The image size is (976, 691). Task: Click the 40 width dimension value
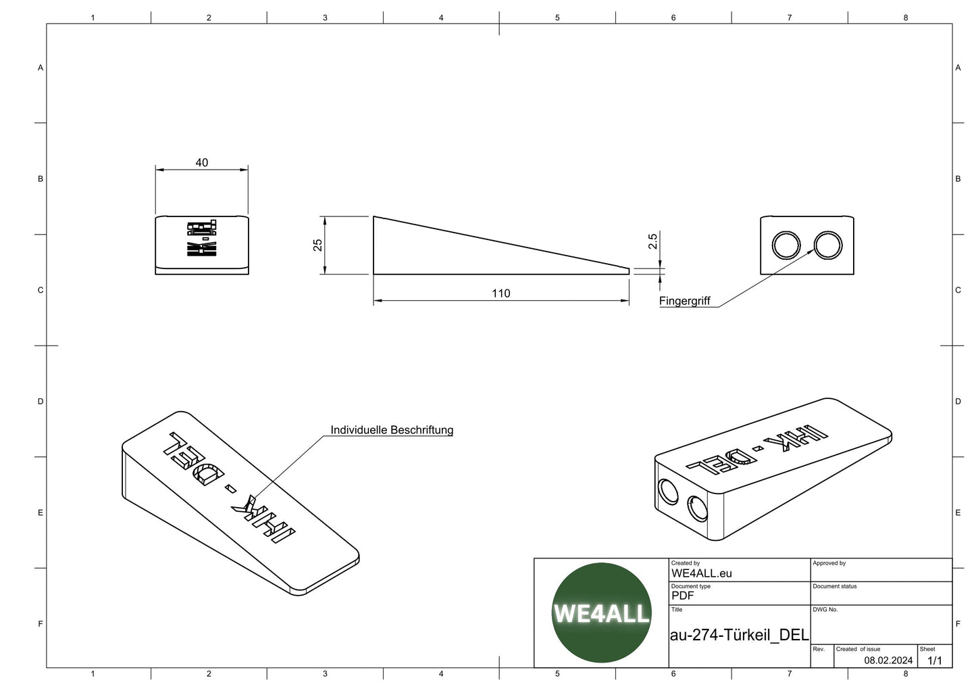click(201, 162)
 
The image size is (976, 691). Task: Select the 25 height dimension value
click(317, 245)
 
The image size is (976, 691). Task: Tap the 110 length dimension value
click(500, 293)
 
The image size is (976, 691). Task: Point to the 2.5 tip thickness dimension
click(652, 241)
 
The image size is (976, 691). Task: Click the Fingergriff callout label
click(684, 301)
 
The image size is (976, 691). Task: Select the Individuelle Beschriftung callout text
click(392, 430)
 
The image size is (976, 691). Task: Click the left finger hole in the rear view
click(786, 245)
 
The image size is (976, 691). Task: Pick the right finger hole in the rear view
click(828, 245)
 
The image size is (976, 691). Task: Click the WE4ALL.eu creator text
click(701, 573)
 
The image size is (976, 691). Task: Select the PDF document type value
click(682, 596)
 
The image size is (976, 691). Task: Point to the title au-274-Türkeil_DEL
click(739, 635)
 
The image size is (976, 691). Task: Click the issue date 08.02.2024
click(888, 660)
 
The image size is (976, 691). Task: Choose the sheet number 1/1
click(935, 660)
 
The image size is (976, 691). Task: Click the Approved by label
click(829, 563)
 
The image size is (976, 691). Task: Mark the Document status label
click(834, 586)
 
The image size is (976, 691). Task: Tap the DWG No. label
click(825, 609)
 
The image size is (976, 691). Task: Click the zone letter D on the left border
click(41, 401)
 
